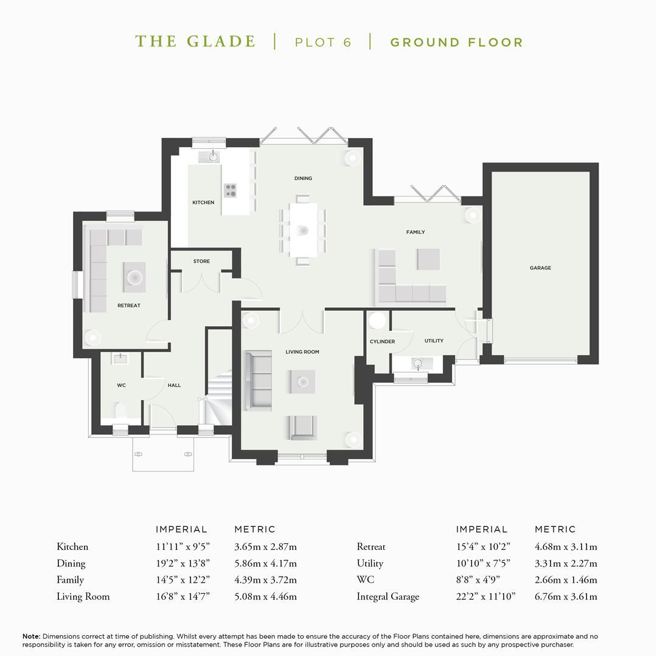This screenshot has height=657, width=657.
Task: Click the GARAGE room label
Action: [540, 268]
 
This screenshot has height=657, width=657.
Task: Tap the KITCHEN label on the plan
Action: [203, 203]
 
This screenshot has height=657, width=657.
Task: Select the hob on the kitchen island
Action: [230, 190]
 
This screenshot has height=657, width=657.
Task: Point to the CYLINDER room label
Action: [382, 341]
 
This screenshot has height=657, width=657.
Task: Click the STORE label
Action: [201, 261]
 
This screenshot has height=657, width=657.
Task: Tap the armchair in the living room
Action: [302, 428]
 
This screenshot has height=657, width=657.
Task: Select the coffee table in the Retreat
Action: [134, 277]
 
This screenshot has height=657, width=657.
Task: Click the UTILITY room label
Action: [434, 341]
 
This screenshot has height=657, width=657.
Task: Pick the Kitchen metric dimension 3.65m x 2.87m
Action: [265, 547]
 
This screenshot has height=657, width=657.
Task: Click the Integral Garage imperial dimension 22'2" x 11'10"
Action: [485, 596]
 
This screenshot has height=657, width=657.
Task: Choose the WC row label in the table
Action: [366, 580]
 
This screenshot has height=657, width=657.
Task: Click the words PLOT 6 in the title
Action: [323, 43]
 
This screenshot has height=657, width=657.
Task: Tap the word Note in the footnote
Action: [31, 636]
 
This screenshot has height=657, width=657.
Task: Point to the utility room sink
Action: [417, 363]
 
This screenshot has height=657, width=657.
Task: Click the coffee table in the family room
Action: [428, 259]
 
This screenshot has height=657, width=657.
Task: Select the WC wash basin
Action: [120, 358]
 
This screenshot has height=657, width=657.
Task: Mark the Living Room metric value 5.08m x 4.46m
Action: [265, 596]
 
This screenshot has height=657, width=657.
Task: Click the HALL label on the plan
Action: [175, 385]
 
